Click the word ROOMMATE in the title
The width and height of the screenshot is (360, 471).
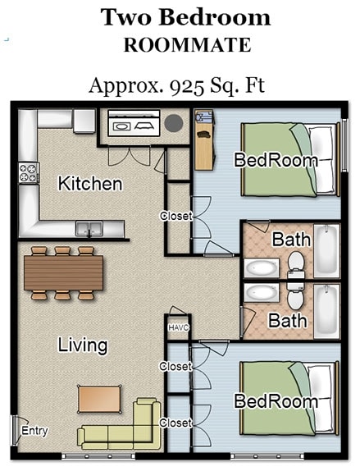187,46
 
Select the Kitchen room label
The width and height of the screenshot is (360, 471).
90,184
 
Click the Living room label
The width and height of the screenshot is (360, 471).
82,345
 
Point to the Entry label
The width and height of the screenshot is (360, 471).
34,431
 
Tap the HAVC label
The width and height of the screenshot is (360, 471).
178,327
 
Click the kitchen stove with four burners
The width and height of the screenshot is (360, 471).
29,173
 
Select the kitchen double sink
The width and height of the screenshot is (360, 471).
89,229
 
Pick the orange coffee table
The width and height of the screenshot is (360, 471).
99,399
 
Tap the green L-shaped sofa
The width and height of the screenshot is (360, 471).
123,428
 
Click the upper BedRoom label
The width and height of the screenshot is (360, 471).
276,160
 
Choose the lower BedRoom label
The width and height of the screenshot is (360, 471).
276,401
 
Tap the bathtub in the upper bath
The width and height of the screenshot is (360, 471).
326,250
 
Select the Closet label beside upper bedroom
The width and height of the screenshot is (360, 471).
175,217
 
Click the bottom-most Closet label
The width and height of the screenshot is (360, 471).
175,423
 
